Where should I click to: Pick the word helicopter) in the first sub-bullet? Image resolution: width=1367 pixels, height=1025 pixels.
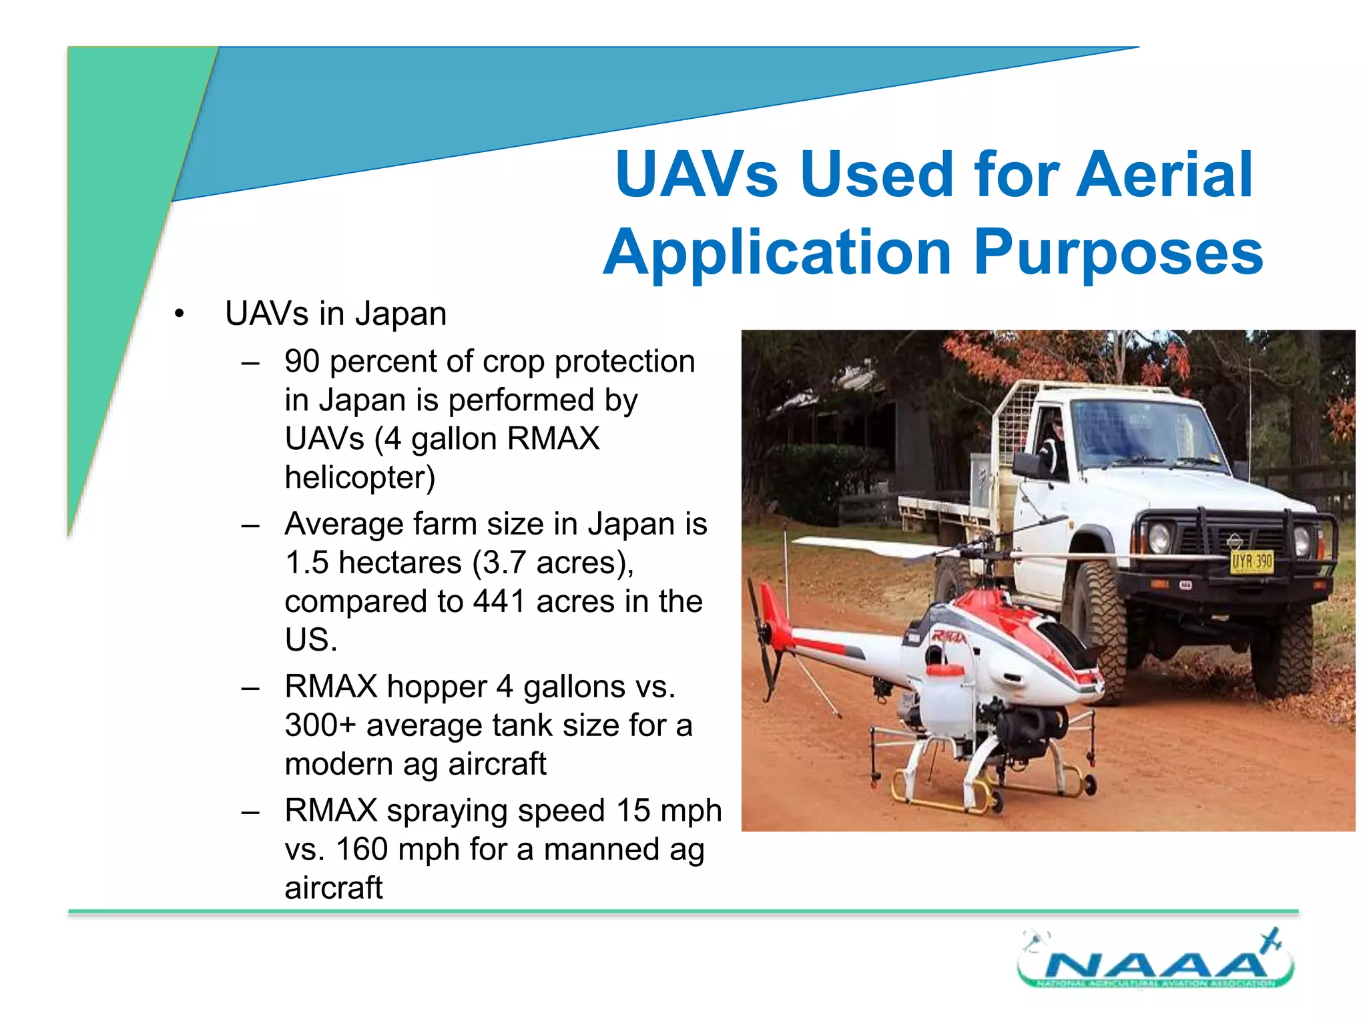tap(360, 478)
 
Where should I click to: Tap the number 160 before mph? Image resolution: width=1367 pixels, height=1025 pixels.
tap(361, 849)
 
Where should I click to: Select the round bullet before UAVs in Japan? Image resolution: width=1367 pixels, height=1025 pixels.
tap(178, 314)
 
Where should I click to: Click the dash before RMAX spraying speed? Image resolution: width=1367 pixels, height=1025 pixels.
tap(250, 812)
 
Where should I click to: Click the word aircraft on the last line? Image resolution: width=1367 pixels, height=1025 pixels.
tap(333, 888)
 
